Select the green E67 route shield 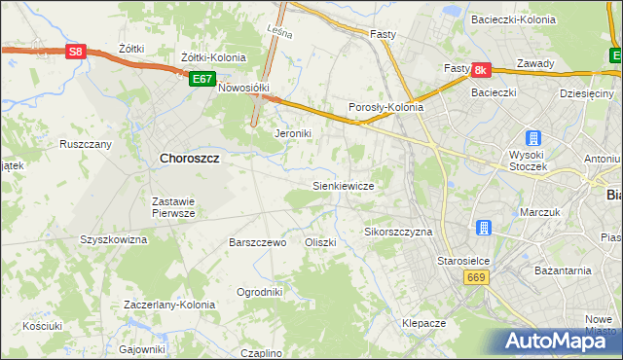point(202,79)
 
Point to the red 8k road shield point(480,70)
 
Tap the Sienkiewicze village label point(343,184)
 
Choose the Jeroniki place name point(292,133)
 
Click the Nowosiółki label point(242,87)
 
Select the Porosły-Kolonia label point(386,108)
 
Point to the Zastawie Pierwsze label point(174,207)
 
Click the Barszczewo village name point(257,242)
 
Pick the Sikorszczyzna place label point(397,233)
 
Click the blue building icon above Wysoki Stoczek point(531,139)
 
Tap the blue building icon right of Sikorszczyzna point(483,228)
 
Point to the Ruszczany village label point(86,144)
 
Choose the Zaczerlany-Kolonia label point(169,305)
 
